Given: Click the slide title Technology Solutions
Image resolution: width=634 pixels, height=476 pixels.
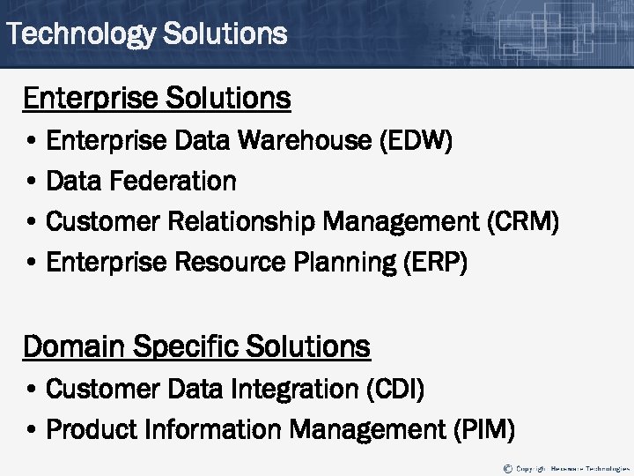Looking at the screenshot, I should click(x=146, y=34).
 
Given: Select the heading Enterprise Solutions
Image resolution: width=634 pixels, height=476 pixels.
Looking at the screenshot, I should click(x=157, y=98).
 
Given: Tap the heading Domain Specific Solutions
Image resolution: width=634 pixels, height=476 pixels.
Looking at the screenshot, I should click(x=196, y=346).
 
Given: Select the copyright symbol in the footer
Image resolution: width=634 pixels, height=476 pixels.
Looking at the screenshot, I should click(x=507, y=467).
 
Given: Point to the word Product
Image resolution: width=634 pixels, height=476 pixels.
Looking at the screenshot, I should click(x=97, y=429).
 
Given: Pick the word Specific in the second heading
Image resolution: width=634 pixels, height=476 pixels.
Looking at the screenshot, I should click(x=186, y=346).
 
